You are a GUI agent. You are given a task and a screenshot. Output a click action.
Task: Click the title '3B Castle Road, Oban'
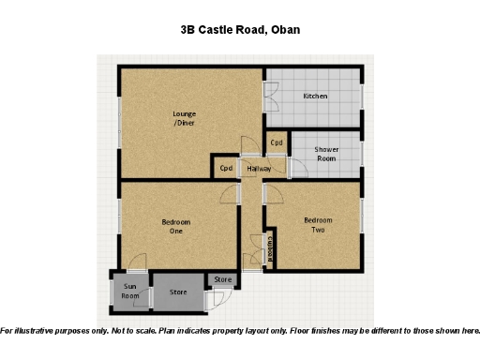click(x=240, y=30)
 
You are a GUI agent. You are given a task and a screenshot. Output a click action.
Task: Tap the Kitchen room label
click(x=314, y=97)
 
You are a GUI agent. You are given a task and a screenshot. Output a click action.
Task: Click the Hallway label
click(x=259, y=169)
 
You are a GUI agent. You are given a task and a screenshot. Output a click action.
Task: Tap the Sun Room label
click(x=129, y=292)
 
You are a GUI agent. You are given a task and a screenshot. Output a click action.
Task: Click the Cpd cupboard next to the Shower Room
click(x=277, y=143)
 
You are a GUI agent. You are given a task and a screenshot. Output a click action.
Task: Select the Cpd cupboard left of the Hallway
click(x=226, y=169)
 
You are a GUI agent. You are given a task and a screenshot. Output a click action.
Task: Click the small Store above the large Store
click(x=222, y=279)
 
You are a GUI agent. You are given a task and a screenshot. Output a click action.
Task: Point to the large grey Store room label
click(x=178, y=292)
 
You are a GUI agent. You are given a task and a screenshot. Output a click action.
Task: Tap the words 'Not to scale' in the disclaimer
click(x=133, y=331)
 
